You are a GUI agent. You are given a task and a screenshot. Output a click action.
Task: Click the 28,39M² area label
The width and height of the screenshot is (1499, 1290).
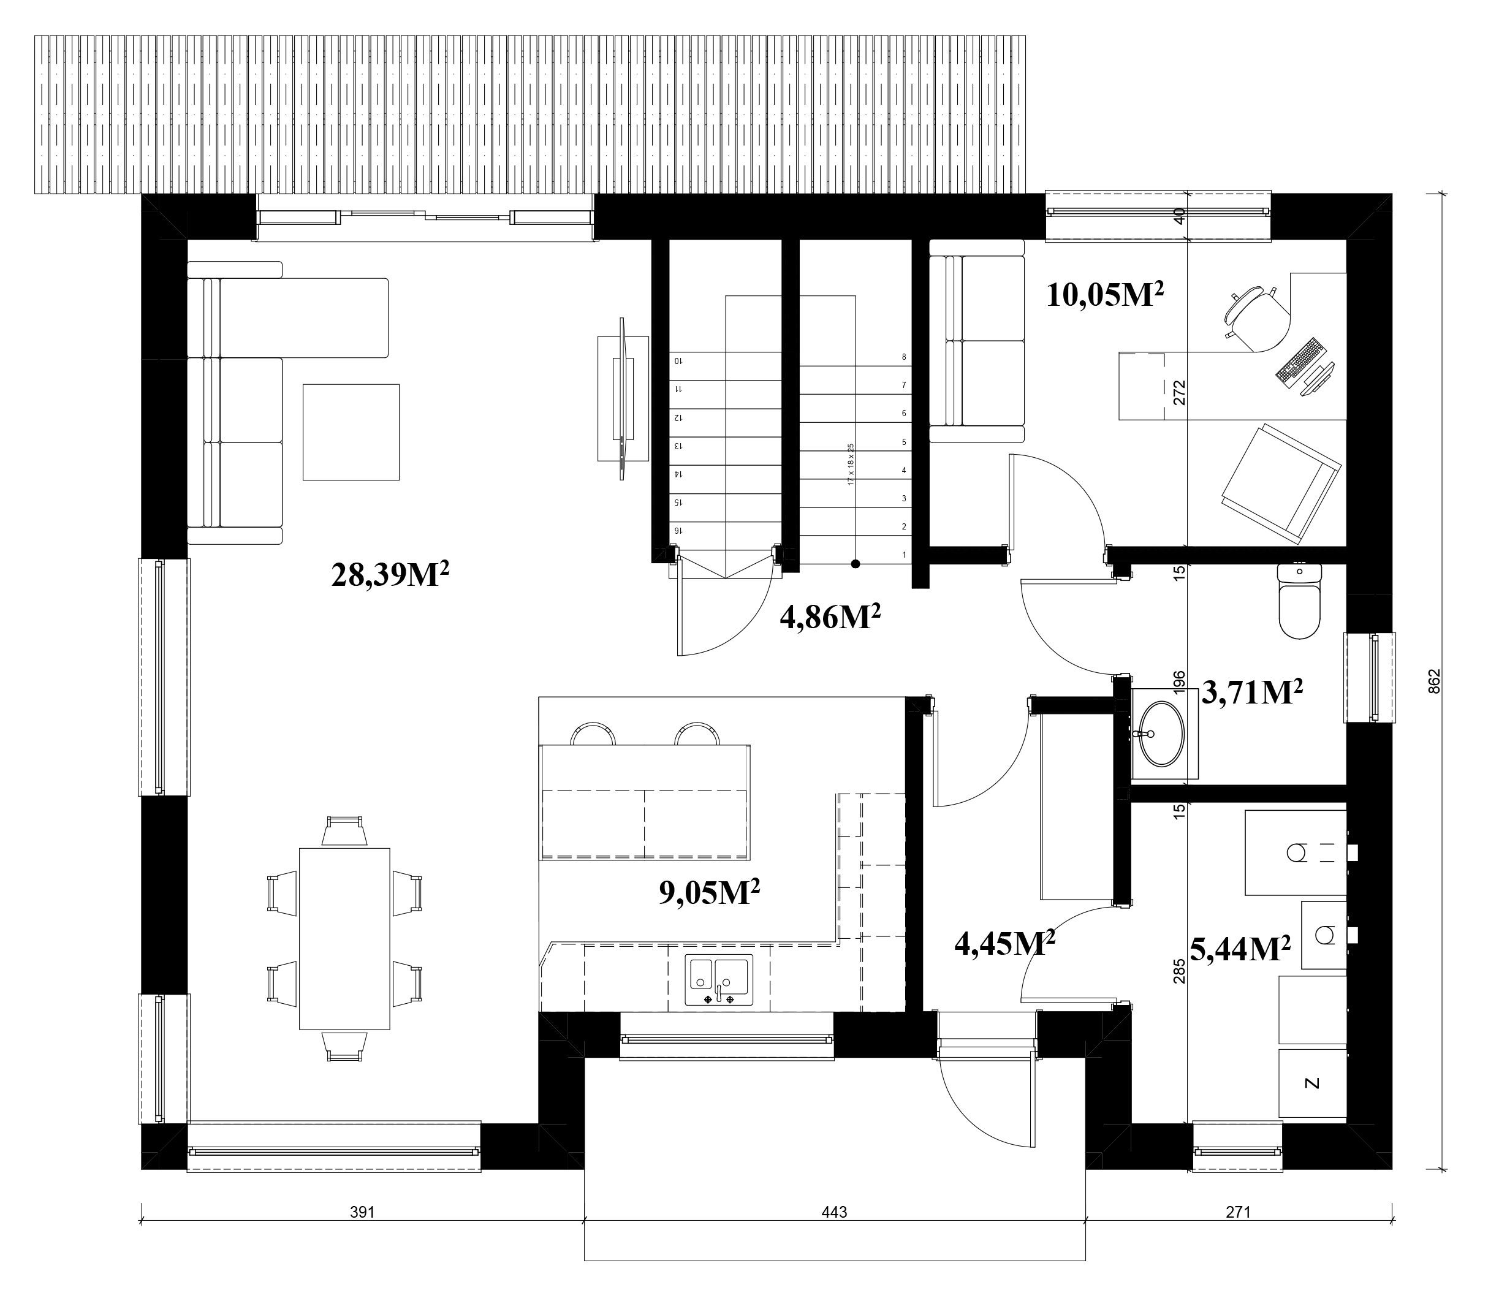click(x=390, y=575)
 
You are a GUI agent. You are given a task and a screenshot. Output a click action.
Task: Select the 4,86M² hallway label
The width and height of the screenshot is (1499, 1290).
click(x=830, y=617)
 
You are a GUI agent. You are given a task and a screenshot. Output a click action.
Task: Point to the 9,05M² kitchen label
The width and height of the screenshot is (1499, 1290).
click(x=709, y=893)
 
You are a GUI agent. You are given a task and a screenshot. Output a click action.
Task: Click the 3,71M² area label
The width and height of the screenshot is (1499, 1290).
click(x=1252, y=692)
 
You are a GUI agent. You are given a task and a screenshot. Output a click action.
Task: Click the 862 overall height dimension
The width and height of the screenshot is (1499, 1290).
click(x=1435, y=681)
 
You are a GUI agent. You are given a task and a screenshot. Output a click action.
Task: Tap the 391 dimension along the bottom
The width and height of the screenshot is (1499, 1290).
click(x=362, y=1211)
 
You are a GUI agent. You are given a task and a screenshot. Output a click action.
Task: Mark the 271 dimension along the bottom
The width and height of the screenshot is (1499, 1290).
click(x=1238, y=1211)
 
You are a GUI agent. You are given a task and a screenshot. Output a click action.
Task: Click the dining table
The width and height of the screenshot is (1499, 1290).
click(x=344, y=938)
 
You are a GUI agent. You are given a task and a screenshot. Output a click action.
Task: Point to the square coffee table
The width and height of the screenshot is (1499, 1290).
click(x=351, y=432)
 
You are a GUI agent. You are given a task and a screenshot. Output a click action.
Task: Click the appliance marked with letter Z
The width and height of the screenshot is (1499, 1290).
click(x=1312, y=1083)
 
